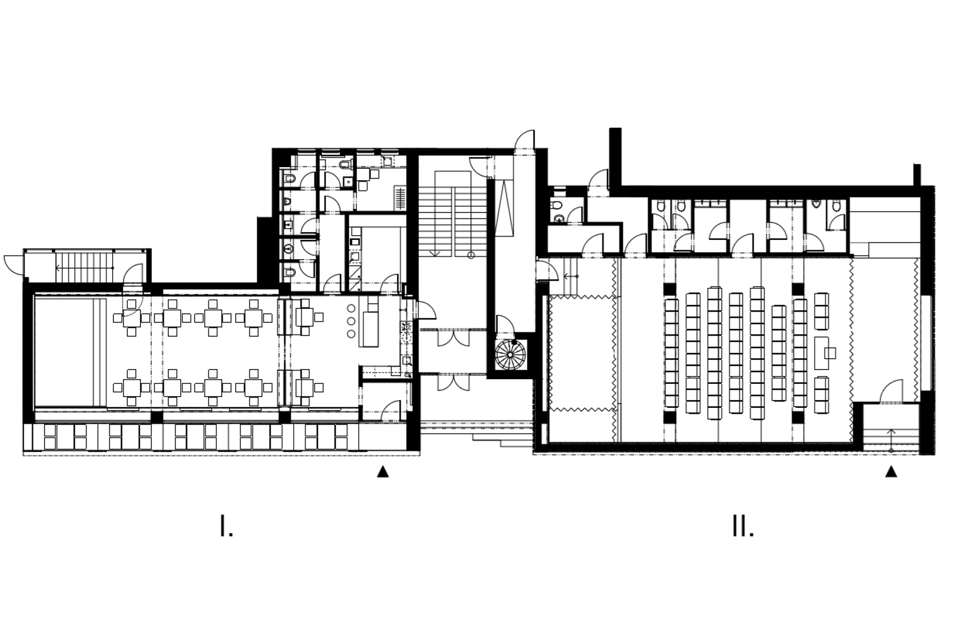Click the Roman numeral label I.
226,527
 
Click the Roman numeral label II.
743,527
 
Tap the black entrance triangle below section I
383,472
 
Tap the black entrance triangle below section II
891,472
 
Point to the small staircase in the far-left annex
84,268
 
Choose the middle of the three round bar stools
351,321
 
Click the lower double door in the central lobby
453,381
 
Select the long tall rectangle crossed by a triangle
506,208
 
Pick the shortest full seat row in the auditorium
779,353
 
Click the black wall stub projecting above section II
615,157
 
